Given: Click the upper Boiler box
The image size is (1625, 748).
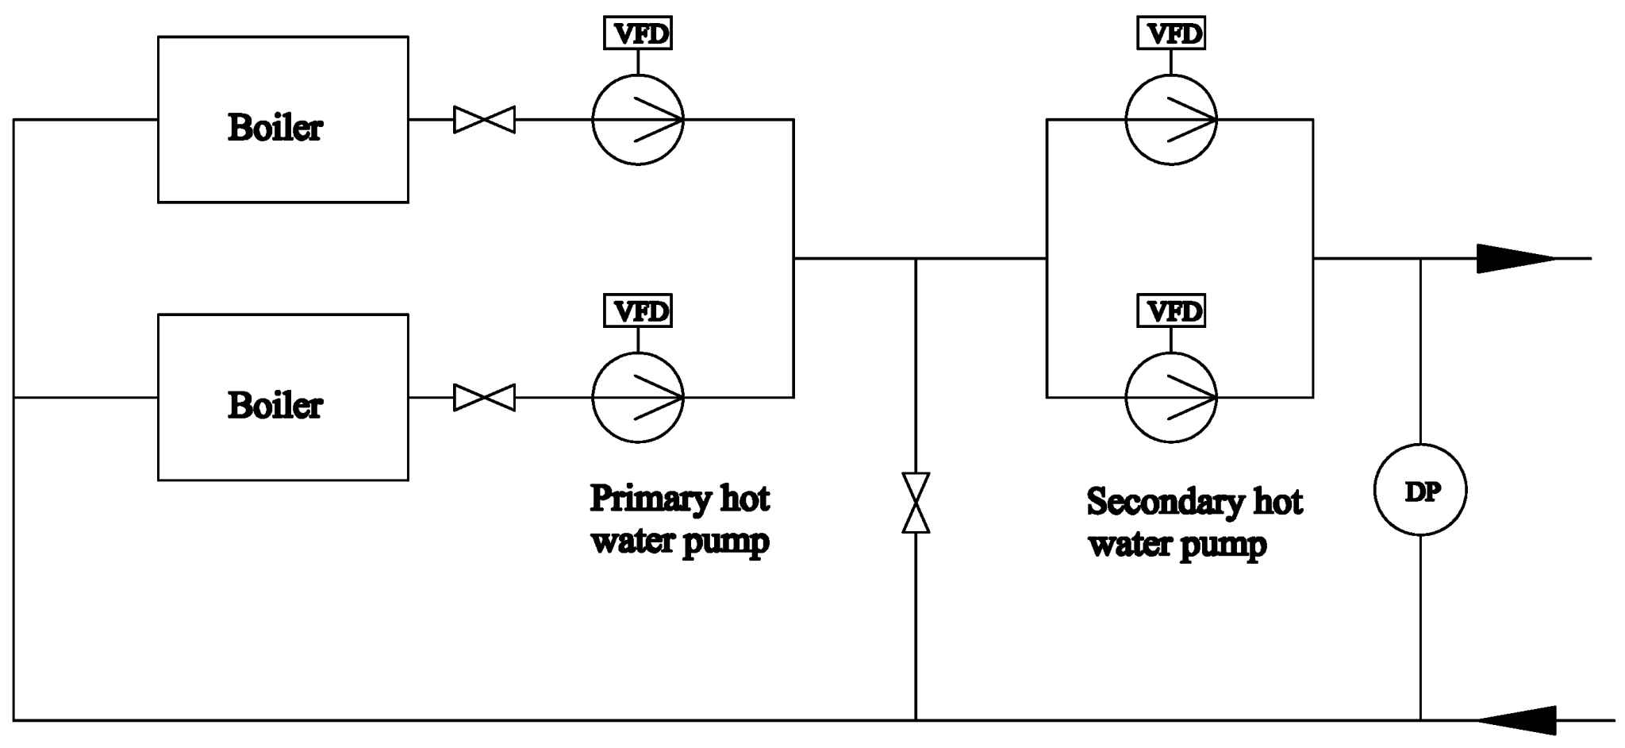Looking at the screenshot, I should [282, 119].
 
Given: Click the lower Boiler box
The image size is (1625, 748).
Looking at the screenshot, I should [282, 397].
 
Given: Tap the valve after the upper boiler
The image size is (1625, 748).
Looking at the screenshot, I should [484, 120].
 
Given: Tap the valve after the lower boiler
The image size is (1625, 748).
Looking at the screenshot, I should [484, 397].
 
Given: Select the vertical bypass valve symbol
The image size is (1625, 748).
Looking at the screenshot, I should [916, 503].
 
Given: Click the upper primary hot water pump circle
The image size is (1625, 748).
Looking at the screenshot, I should [638, 120].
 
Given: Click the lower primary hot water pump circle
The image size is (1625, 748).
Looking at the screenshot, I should [638, 397].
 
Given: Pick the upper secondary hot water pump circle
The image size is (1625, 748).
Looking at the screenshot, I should [1171, 120].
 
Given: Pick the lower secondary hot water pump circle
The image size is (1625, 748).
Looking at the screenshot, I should [1171, 397].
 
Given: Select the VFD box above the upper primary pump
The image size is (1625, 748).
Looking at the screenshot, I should [638, 34].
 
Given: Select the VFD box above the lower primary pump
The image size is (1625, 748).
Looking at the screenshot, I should [638, 310].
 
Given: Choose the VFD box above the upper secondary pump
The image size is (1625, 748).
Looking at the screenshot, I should [1171, 34].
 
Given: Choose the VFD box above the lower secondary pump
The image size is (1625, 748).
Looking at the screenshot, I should [1171, 310].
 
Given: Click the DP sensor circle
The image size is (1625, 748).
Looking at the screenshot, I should [1420, 490].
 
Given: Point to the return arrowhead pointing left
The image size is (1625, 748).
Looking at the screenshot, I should [1516, 720].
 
